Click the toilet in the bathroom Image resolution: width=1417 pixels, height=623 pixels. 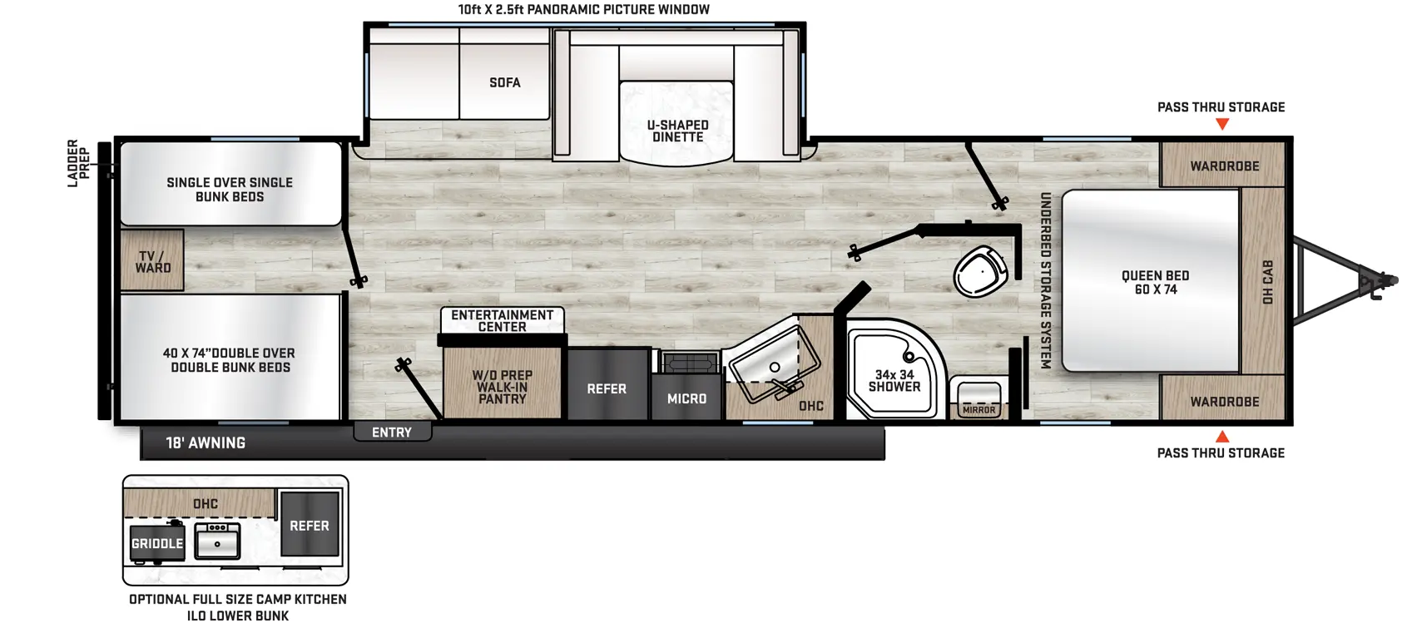click(x=980, y=271)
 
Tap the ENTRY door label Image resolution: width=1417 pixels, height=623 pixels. click(x=392, y=433)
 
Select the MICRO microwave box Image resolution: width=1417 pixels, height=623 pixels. click(x=686, y=398)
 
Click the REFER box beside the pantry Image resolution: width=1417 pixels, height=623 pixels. click(x=607, y=384)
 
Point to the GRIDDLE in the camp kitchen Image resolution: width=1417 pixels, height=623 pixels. click(x=157, y=542)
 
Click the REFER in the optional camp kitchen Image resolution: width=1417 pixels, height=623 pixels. click(x=310, y=525)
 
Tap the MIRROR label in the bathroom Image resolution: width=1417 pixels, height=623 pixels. click(x=979, y=411)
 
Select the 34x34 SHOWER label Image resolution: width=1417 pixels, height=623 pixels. click(x=894, y=381)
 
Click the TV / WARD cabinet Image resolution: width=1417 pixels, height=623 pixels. click(x=151, y=260)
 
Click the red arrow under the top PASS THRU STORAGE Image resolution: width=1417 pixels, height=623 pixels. click(x=1222, y=125)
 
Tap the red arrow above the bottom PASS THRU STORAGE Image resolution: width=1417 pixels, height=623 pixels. click(x=1222, y=437)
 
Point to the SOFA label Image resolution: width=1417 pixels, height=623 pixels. click(x=505, y=83)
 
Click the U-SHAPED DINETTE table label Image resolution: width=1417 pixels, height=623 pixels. click(x=677, y=131)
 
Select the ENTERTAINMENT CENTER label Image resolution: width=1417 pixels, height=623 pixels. click(x=503, y=321)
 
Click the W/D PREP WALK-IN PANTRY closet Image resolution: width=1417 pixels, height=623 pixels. click(x=503, y=383)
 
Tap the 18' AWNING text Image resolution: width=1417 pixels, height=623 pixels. click(x=206, y=443)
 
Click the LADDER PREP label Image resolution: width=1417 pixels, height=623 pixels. click(x=78, y=164)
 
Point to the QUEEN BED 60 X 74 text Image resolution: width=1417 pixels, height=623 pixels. click(x=1155, y=283)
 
